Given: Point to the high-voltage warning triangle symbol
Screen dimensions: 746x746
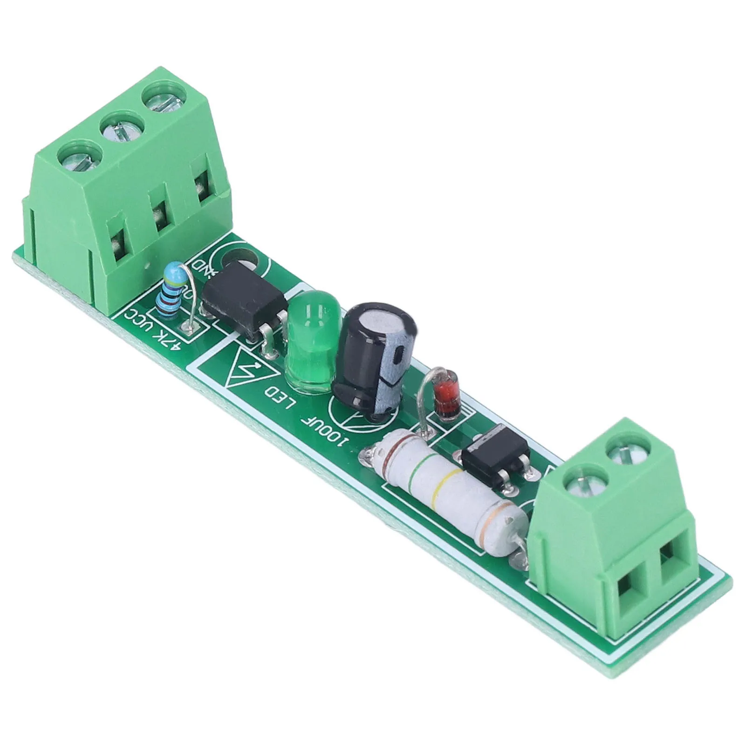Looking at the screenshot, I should (x=244, y=368).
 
